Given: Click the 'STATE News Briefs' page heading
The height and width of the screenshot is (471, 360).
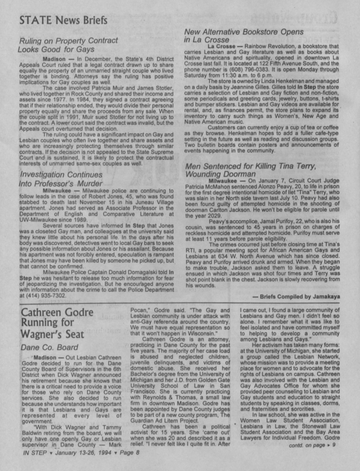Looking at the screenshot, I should (63, 21).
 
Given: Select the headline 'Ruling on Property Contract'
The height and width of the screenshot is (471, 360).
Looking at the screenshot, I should (69, 41).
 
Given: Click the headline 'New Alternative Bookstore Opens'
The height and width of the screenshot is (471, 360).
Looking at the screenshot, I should (244, 32).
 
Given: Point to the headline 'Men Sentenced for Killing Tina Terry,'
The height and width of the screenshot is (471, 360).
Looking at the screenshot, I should (251, 166).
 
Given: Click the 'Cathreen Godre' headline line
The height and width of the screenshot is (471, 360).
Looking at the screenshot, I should (57, 312).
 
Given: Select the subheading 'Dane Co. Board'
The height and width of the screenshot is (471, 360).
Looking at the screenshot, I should (49, 347).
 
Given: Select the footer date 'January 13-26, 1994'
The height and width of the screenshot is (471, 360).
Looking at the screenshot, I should (82, 453).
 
